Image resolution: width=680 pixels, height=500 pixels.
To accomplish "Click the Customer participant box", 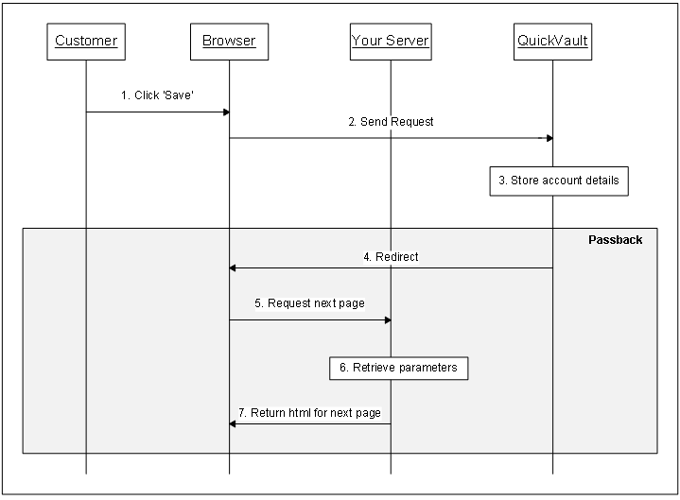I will (86, 41).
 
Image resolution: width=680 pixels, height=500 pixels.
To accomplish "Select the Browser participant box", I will (229, 41).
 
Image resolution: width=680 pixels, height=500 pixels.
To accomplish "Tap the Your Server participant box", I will (390, 41).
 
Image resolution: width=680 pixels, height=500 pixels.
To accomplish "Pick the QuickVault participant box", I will (552, 41).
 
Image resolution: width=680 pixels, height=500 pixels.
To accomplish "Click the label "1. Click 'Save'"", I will (157, 95).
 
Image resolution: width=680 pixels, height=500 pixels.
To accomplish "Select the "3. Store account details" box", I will (558, 181).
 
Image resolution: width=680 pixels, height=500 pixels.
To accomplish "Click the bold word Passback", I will (615, 240).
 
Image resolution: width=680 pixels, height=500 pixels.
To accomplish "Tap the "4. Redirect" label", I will (391, 256).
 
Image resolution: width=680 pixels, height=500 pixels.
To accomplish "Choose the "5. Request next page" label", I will (309, 303).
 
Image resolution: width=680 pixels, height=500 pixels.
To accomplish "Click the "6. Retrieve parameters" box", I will (398, 368).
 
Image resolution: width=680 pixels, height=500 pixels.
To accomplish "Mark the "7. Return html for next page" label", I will (309, 413).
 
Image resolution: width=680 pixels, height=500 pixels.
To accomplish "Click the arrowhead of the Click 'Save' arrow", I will (226, 112).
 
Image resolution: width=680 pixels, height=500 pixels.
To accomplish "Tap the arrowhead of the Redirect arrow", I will (233, 268).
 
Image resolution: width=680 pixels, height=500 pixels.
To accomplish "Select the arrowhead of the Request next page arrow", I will (387, 320).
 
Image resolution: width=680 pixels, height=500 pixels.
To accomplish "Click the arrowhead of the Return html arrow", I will (233, 423).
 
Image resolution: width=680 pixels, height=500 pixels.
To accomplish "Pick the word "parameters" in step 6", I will (428, 368).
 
